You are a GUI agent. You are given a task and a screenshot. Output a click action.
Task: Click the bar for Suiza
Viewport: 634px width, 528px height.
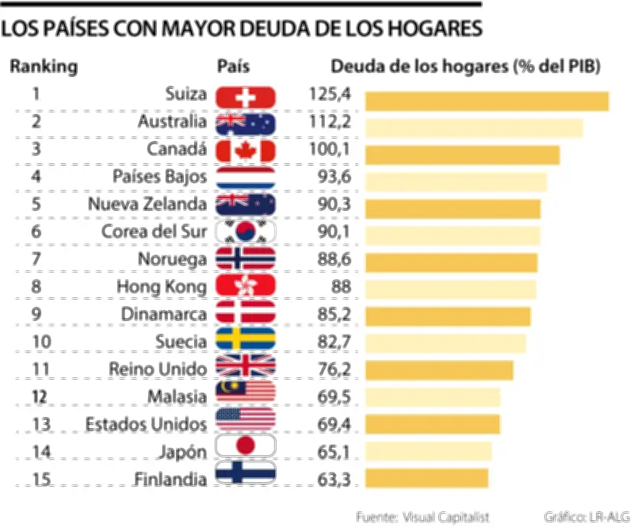click(486, 101)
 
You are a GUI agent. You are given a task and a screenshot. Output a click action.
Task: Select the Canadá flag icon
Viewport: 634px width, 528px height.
click(246, 151)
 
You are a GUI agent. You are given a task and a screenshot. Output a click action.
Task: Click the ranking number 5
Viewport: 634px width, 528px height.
click(36, 203)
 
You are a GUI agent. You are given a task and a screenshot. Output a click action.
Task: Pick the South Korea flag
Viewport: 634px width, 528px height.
click(246, 231)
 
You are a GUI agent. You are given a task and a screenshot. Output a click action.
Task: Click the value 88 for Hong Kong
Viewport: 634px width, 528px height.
click(339, 285)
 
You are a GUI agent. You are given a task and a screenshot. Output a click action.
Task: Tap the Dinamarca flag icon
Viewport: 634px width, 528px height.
click(246, 313)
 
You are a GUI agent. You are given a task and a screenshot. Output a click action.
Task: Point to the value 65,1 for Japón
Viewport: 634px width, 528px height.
click(333, 450)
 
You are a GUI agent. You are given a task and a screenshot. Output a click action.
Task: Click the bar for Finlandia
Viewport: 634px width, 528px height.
click(426, 478)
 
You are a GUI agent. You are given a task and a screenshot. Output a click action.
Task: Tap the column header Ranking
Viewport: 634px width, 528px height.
click(44, 67)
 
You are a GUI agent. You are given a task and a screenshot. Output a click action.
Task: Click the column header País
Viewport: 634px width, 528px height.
click(233, 67)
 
